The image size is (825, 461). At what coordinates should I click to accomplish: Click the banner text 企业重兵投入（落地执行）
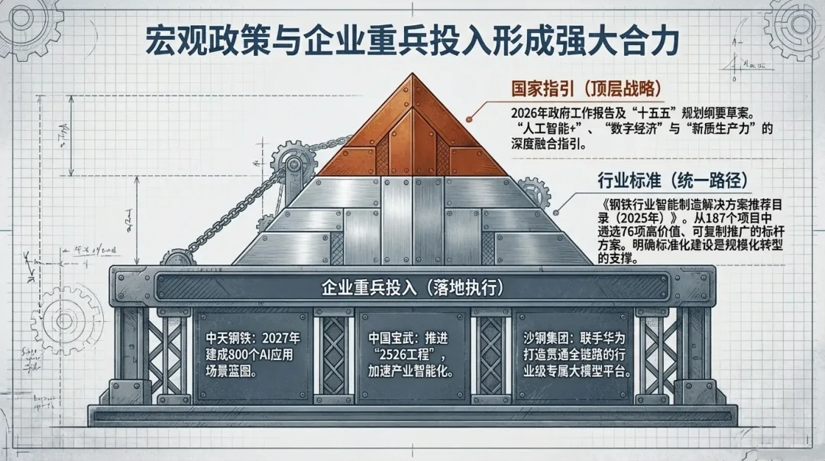(412, 289)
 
